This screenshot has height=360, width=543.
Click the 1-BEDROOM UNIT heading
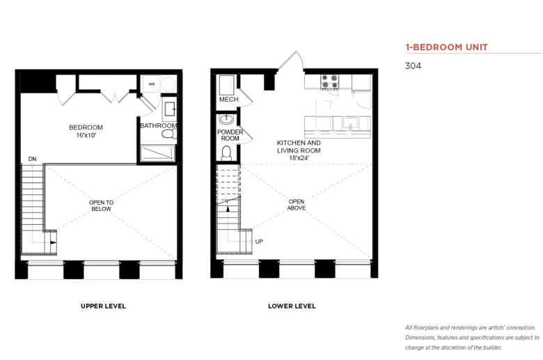[x=447, y=47]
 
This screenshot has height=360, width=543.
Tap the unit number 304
[x=413, y=66]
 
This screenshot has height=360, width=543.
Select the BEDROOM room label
[x=86, y=127]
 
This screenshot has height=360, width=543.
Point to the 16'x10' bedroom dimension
[x=86, y=135]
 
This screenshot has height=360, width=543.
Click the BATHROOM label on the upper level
[x=158, y=125]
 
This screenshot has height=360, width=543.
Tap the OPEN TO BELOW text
[x=101, y=205]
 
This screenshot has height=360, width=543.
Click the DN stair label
[x=32, y=159]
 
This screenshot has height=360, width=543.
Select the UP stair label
[x=259, y=242]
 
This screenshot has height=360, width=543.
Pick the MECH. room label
[x=229, y=100]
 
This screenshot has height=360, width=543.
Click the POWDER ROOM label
[x=230, y=135]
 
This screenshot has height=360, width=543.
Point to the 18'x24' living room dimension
[x=299, y=158]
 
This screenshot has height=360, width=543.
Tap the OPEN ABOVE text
[x=297, y=205]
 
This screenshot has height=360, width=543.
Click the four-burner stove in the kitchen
[x=329, y=81]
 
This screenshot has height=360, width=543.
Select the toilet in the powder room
[x=226, y=153]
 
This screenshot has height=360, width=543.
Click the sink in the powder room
[x=226, y=119]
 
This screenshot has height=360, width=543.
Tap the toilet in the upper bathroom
[x=169, y=134]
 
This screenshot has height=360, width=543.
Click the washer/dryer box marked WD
[x=152, y=84]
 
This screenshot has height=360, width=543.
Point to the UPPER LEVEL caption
[x=103, y=306]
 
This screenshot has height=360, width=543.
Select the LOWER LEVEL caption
[x=292, y=306]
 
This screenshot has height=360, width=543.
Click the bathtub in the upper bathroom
[x=157, y=153]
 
